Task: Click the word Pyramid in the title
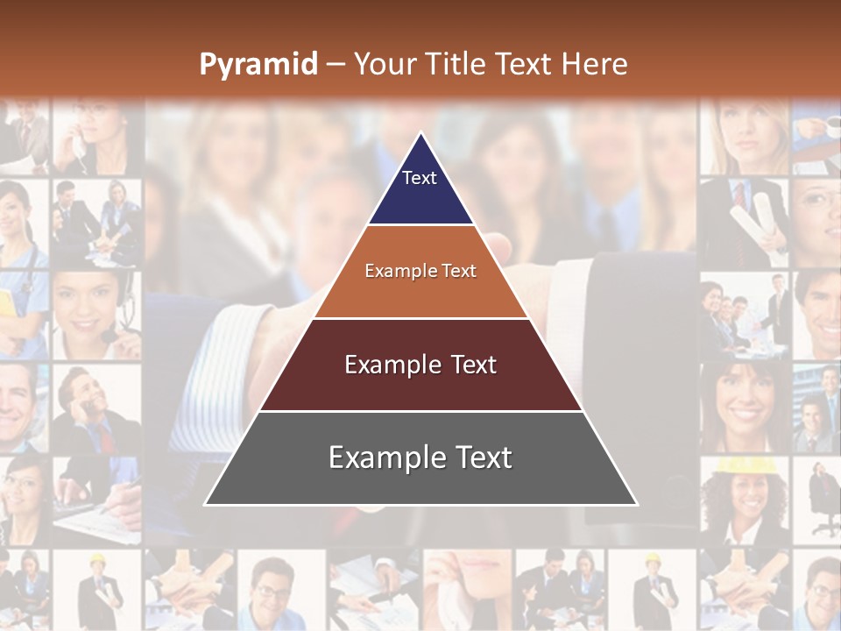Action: (258, 65)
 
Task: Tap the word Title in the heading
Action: (457, 65)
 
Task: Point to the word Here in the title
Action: (594, 65)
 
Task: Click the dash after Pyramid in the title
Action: (336, 65)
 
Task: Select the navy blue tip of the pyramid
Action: (420, 188)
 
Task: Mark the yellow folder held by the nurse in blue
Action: (8, 302)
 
